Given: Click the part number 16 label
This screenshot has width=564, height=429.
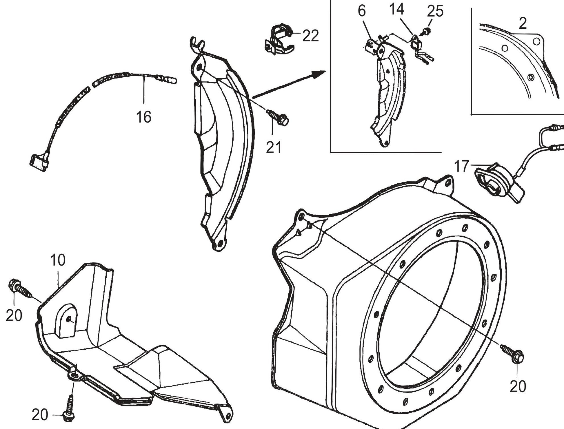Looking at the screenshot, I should [x=144, y=117].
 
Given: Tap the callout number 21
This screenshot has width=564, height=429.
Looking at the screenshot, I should [x=274, y=147].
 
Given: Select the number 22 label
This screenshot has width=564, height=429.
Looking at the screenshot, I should [x=310, y=36].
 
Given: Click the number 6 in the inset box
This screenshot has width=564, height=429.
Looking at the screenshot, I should [x=362, y=12].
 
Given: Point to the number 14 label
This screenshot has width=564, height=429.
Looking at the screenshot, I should [x=396, y=10].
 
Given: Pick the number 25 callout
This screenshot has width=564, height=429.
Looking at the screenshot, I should [x=435, y=12].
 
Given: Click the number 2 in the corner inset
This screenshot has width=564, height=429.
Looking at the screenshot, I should [x=523, y=23].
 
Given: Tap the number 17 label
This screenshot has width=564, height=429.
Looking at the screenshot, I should [x=461, y=166].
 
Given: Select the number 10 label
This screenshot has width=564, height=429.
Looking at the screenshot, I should [x=58, y=260].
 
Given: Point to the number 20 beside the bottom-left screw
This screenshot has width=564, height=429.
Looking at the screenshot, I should [x=40, y=415].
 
